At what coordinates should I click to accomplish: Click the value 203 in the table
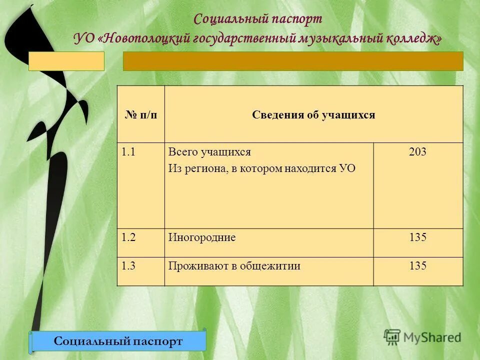[417, 152]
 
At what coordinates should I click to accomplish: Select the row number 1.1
[127, 152]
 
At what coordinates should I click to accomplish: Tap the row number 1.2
[127, 237]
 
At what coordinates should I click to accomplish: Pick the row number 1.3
[127, 266]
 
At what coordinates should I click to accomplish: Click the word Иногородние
[201, 237]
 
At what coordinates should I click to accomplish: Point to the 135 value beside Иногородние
[417, 237]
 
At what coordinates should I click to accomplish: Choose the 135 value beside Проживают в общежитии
[417, 266]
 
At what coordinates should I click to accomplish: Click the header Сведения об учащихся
[313, 115]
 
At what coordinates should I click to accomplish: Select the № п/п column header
[140, 115]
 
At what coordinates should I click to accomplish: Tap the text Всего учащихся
[209, 152]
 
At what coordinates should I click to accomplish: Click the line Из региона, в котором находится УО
[261, 168]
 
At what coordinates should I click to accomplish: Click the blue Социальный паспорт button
[118, 341]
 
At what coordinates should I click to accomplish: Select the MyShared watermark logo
[422, 337]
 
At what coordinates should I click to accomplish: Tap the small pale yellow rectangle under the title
[66, 61]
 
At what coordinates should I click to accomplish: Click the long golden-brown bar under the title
[293, 61]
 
